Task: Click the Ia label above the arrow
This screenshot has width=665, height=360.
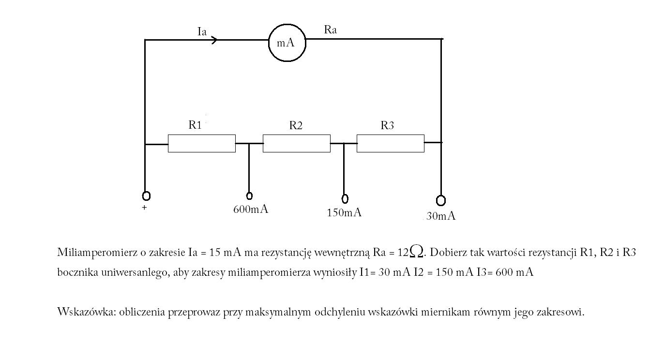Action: pyautogui.click(x=202, y=31)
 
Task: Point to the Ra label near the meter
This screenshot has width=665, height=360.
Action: pyautogui.click(x=331, y=30)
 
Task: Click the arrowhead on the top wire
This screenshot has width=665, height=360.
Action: pyautogui.click(x=214, y=40)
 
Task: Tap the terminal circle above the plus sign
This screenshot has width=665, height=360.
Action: pyautogui.click(x=146, y=196)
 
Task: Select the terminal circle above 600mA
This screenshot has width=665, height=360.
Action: pyautogui.click(x=249, y=196)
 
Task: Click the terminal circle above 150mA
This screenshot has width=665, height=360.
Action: pyautogui.click(x=345, y=198)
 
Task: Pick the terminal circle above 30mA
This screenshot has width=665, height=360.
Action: pyautogui.click(x=441, y=201)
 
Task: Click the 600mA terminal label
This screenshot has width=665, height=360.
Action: pyautogui.click(x=251, y=210)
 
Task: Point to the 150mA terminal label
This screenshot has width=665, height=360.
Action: pyautogui.click(x=344, y=213)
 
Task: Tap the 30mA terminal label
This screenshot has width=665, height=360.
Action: pyautogui.click(x=441, y=216)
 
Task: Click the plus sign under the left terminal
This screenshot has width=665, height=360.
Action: pyautogui.click(x=144, y=208)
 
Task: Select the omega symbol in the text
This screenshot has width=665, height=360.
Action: pyautogui.click(x=416, y=251)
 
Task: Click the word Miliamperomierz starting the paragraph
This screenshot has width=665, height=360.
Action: pyautogui.click(x=97, y=253)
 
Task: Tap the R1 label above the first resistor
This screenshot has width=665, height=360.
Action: pyautogui.click(x=195, y=125)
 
